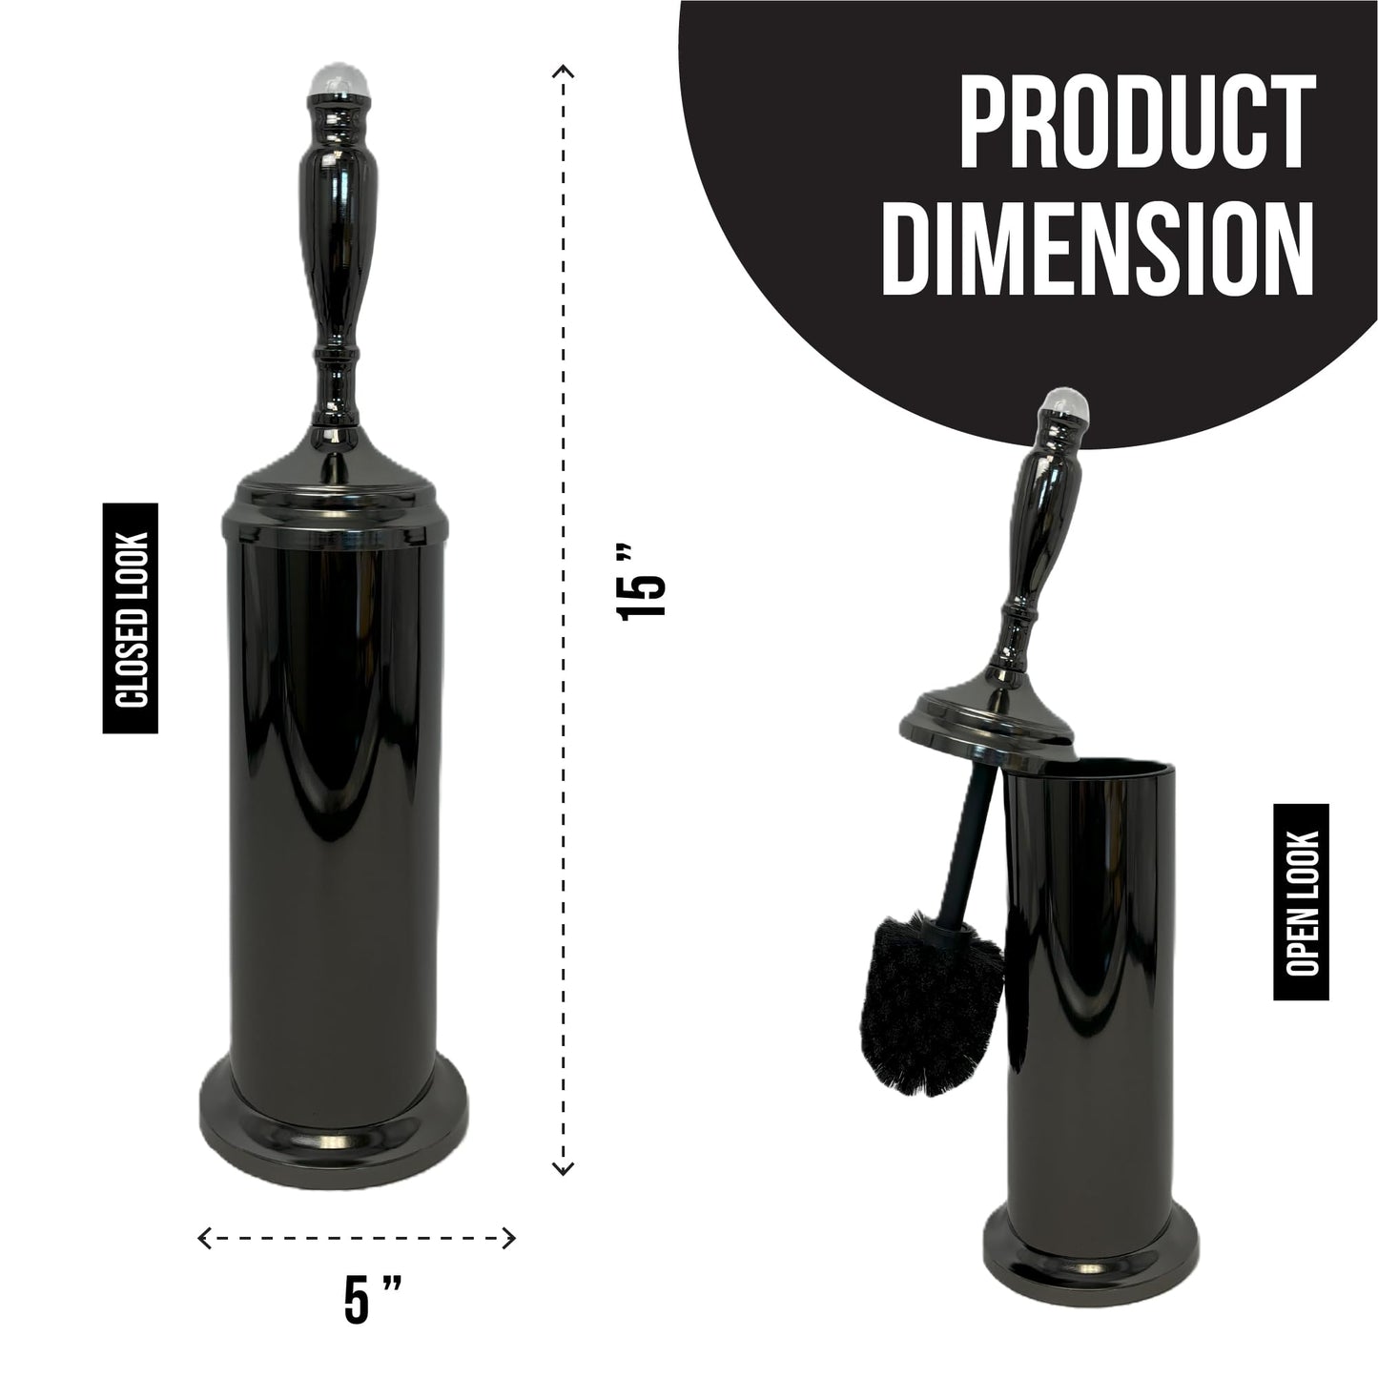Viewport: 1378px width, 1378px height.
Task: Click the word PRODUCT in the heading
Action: click(x=1137, y=122)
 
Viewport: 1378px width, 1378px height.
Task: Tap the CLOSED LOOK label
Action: click(x=130, y=619)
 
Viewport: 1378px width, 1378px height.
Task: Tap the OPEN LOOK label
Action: click(x=1301, y=902)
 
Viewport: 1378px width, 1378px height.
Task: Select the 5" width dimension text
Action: click(x=372, y=1300)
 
